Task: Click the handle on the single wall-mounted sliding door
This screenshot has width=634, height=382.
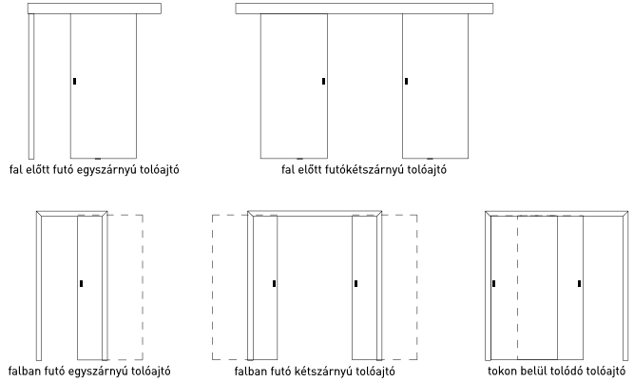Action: [x=75, y=82]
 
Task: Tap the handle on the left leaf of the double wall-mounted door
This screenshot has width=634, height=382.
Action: [x=323, y=82]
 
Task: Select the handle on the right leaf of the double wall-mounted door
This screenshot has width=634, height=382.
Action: [x=407, y=82]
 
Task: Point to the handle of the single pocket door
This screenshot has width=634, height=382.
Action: [x=82, y=284]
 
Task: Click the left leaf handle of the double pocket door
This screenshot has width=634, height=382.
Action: [x=274, y=284]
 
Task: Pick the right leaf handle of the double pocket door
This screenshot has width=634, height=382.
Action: [x=355, y=284]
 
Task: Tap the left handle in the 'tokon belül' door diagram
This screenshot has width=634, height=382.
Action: [x=494, y=284]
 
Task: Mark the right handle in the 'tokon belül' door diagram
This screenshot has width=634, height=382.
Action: [x=580, y=284]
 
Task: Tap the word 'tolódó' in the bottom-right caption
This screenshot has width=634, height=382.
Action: [x=568, y=372]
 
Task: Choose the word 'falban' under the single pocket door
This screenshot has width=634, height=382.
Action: [x=22, y=372]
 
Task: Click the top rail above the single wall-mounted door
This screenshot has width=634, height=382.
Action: [x=94, y=9]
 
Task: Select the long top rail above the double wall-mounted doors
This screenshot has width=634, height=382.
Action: [x=364, y=9]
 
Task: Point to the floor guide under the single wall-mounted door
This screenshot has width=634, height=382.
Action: [x=98, y=159]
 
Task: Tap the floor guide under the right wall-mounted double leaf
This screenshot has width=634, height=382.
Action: [x=430, y=159]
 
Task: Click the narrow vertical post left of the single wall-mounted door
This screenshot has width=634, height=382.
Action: [x=31, y=86]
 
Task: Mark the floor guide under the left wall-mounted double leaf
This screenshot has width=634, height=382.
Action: [x=299, y=159]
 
